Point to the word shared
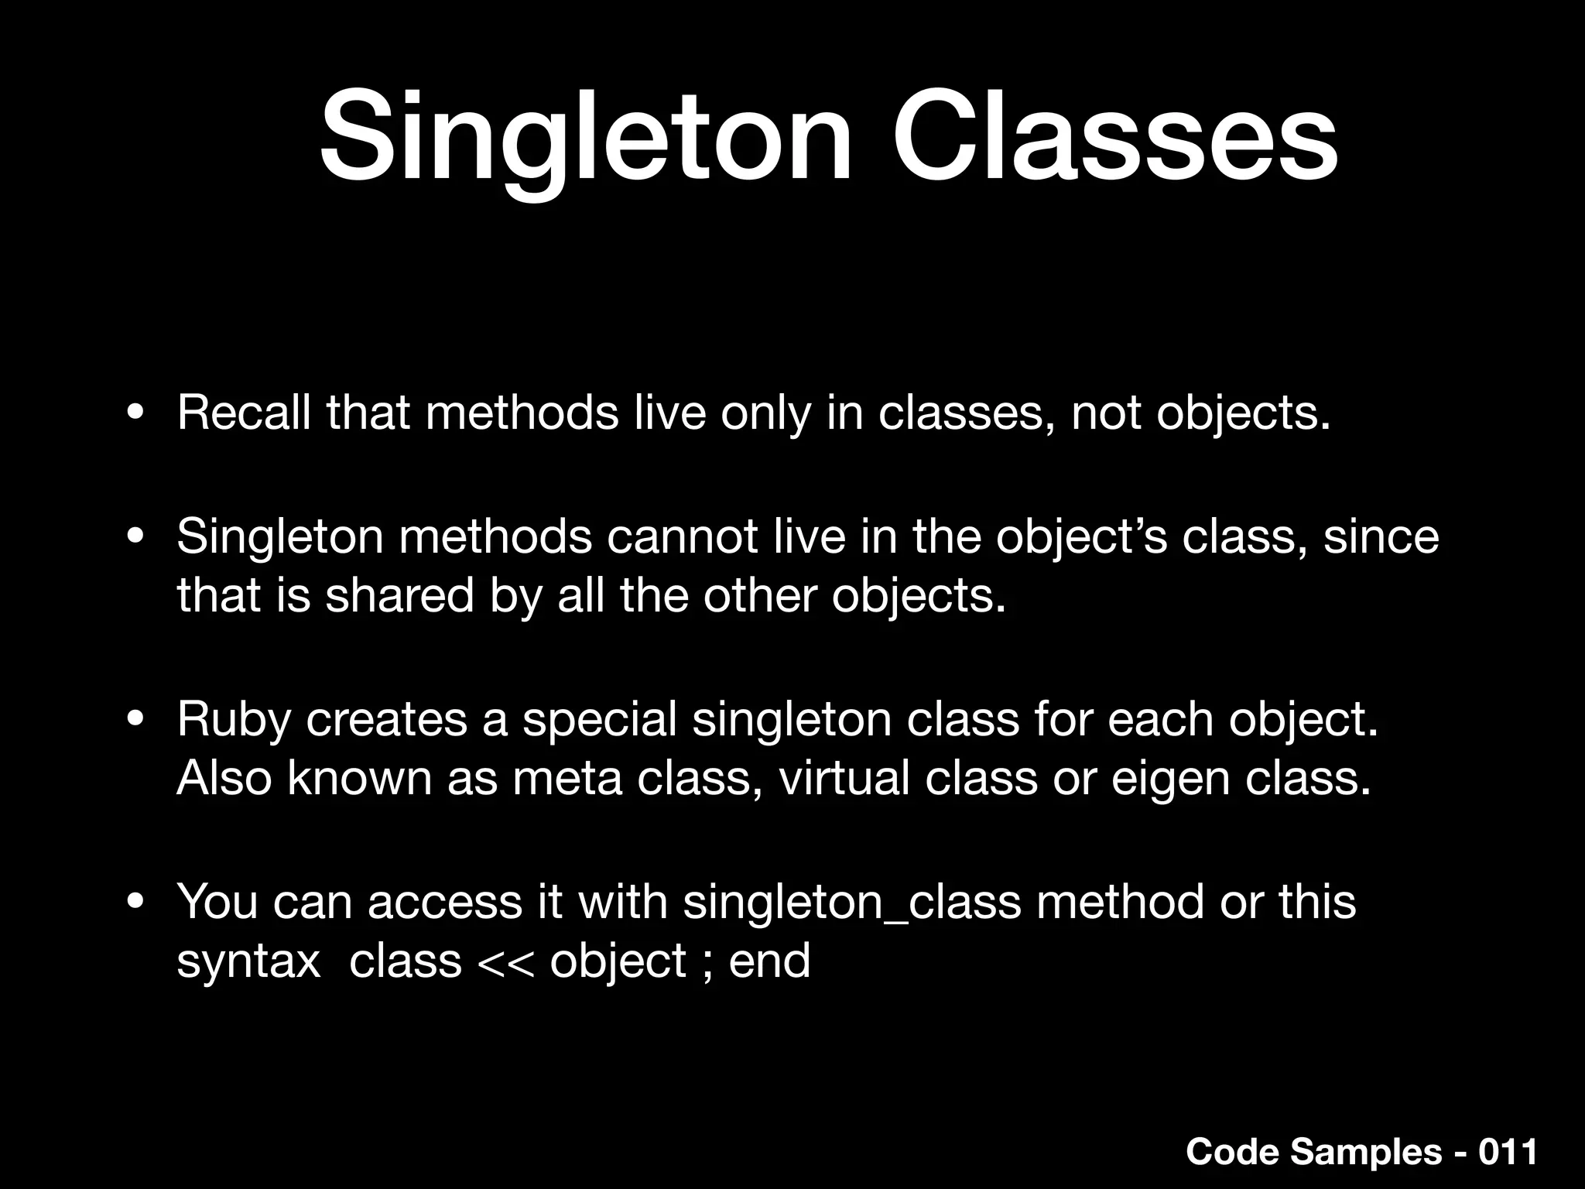click(399, 596)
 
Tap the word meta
click(567, 778)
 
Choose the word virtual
click(844, 778)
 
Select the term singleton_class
click(852, 903)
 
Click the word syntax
click(248, 962)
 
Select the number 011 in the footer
click(1508, 1151)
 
